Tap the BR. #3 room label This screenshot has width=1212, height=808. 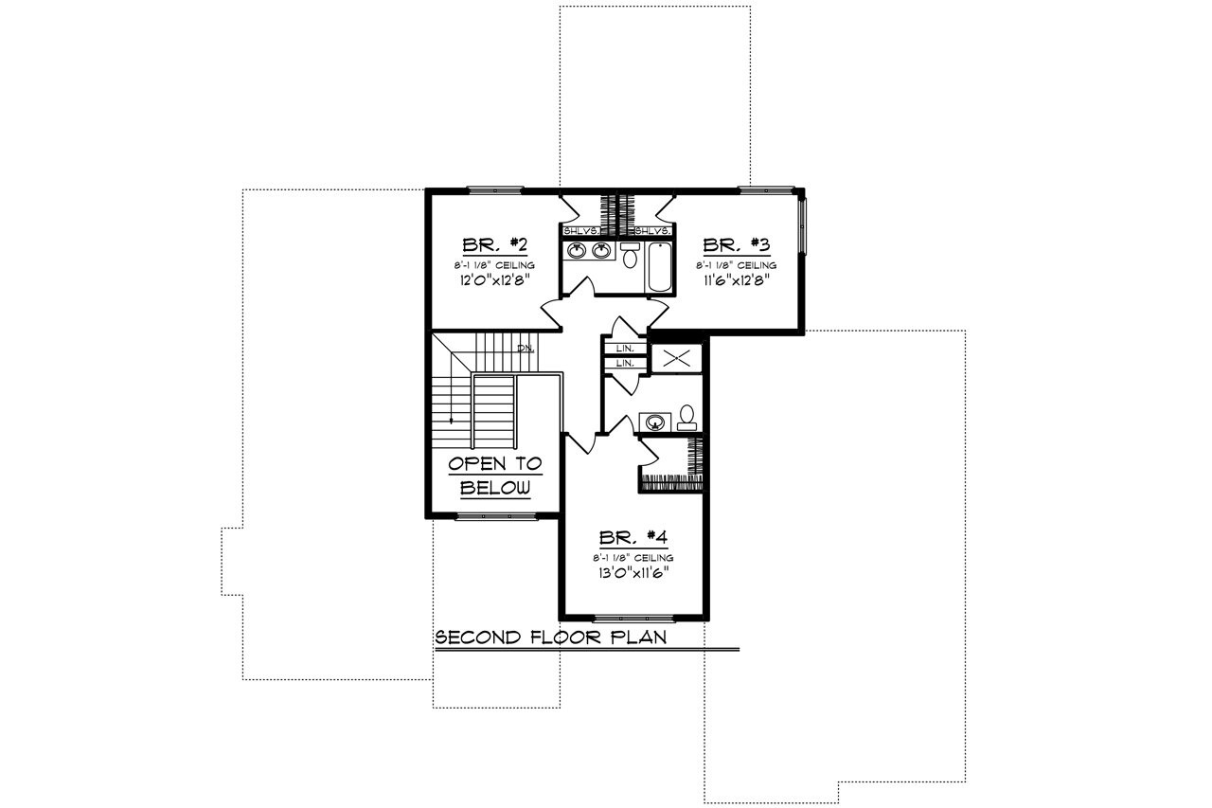point(736,242)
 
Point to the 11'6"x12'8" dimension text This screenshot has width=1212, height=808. point(736,280)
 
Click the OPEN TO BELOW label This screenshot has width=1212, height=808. point(494,476)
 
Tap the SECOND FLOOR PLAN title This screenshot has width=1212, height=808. point(550,637)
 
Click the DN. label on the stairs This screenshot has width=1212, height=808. point(525,348)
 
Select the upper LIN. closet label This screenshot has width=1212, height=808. point(625,349)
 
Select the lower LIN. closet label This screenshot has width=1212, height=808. point(625,363)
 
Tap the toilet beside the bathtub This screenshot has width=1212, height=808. point(630,255)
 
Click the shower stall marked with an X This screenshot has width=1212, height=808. point(675,358)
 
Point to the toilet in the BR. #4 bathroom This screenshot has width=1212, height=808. point(687,418)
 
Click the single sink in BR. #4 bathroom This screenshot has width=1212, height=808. point(653,420)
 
